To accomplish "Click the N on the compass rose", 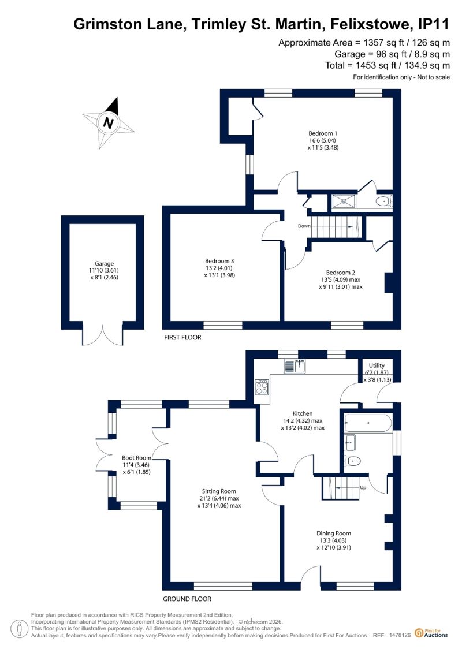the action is (x=109, y=124).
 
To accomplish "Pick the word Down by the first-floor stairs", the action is (x=304, y=226).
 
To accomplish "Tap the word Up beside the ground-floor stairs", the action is (x=363, y=488).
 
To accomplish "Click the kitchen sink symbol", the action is (x=295, y=366).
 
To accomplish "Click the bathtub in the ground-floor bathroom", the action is (x=368, y=423).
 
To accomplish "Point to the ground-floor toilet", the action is (x=353, y=461).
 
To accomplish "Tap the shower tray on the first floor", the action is (x=344, y=201).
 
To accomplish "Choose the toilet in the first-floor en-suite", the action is (x=383, y=202).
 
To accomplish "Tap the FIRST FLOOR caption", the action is (x=182, y=337).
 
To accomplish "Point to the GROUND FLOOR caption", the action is (x=187, y=599).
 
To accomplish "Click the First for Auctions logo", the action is (x=431, y=633).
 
